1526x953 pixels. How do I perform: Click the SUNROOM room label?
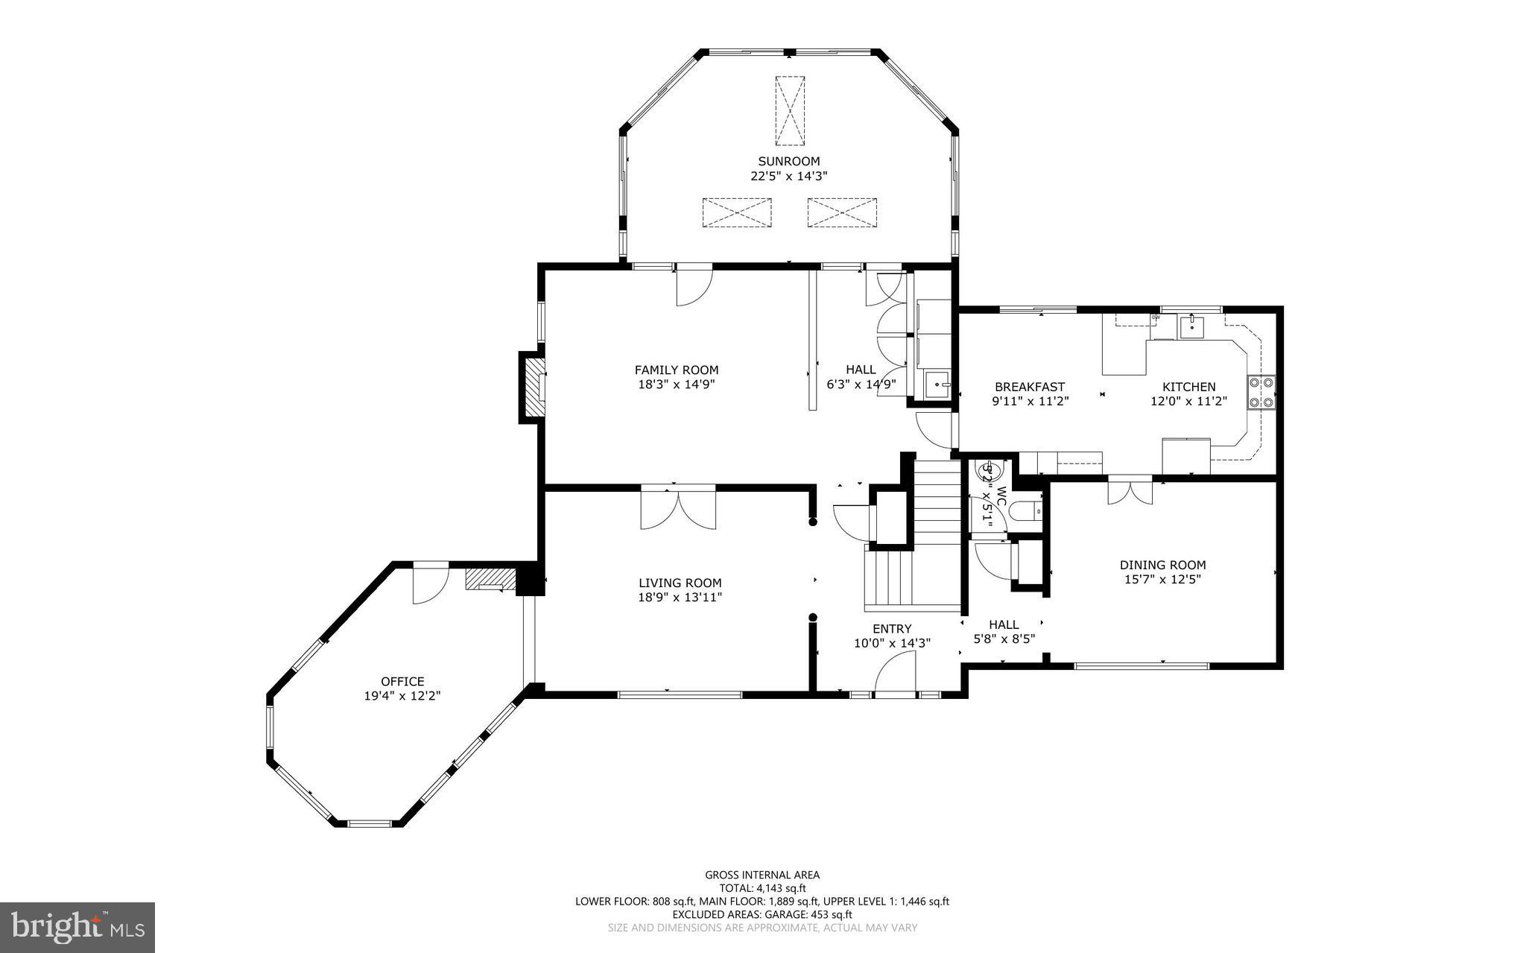point(788,161)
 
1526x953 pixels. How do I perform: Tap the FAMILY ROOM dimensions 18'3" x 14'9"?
point(676,384)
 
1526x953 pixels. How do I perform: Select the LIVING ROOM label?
point(680,583)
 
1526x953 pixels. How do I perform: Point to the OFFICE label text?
point(402,681)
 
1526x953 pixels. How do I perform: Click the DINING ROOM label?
point(1162,565)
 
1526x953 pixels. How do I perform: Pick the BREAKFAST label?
point(1030,387)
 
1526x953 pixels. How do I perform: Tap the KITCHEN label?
point(1188,387)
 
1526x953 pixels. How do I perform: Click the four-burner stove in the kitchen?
point(1261,393)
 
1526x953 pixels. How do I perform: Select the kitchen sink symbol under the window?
point(1191,326)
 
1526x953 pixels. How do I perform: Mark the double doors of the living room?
point(678,508)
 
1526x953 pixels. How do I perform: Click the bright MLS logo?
point(77,926)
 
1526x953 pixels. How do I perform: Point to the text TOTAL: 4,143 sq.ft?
point(762,888)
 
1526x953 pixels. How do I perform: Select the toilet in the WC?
point(1030,512)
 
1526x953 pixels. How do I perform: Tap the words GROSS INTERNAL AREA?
point(762,875)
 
